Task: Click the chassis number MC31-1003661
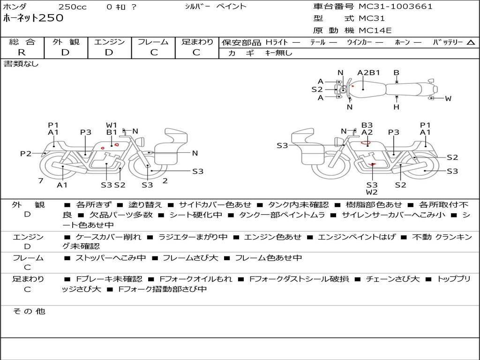click(395, 7)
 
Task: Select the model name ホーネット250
click(33, 18)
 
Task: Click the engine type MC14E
click(375, 30)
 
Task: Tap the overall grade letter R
click(22, 52)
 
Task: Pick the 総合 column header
click(22, 42)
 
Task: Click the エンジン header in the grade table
click(109, 42)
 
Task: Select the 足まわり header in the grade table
click(197, 42)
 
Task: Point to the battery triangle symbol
click(471, 43)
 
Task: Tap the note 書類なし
click(21, 64)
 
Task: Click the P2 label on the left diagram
click(26, 153)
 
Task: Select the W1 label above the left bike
click(112, 125)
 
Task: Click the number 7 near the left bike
click(41, 180)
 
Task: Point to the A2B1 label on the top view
click(368, 73)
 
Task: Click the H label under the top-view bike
click(397, 107)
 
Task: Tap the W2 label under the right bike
click(372, 192)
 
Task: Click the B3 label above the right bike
click(367, 125)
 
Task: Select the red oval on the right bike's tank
click(366, 142)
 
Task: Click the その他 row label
click(29, 311)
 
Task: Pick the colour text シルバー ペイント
click(216, 7)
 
